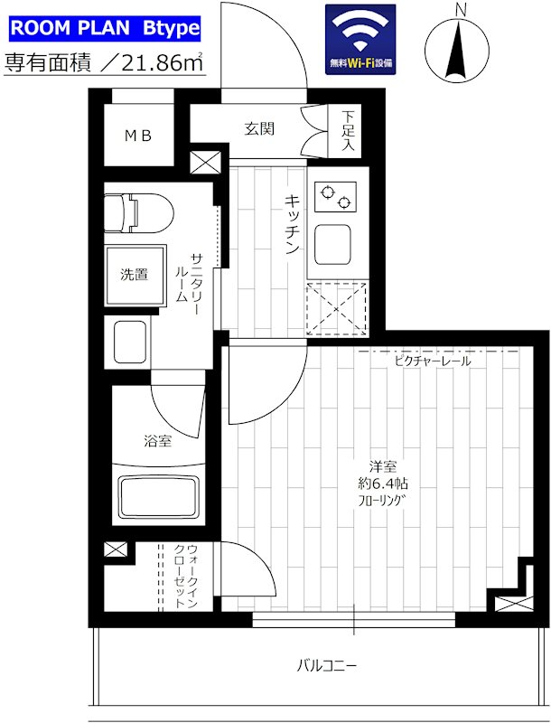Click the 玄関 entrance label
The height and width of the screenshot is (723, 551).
[x=259, y=128]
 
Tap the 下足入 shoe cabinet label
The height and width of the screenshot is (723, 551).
[x=348, y=129]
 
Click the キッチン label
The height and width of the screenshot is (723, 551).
[x=293, y=226]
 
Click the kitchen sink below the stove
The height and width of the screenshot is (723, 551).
[x=336, y=243]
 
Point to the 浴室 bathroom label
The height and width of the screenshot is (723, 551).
[x=157, y=441]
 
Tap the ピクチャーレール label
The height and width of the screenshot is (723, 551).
[x=431, y=361]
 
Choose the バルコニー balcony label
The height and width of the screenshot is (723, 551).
[x=326, y=668]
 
